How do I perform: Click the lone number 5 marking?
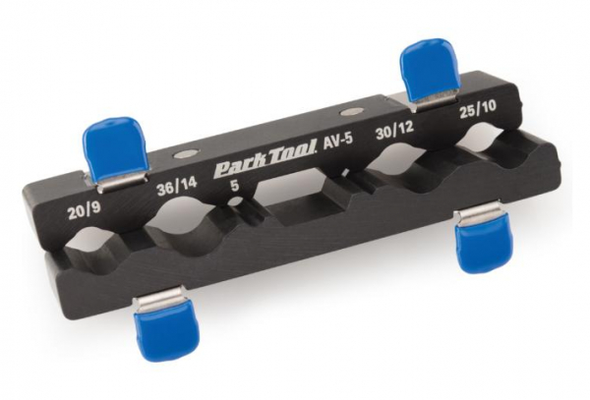[232, 183]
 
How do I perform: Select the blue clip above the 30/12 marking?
[425, 69]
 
